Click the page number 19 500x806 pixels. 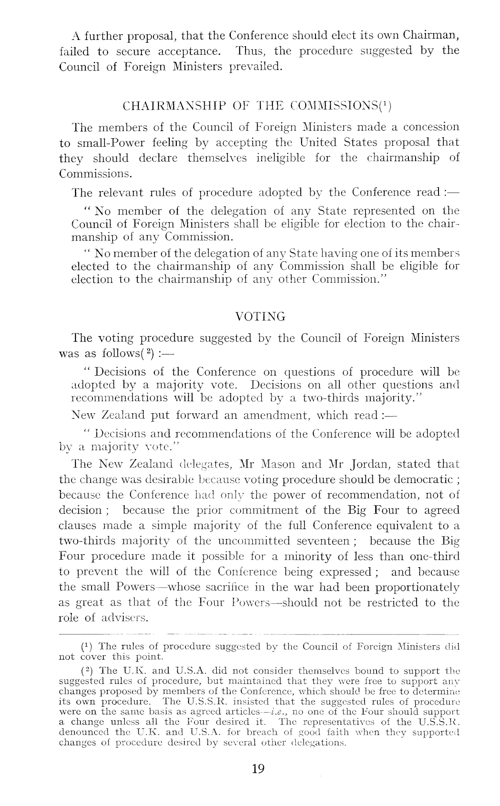coord(258,769)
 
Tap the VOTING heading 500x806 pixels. coord(260,317)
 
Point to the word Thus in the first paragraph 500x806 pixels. coord(250,51)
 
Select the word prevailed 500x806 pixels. coord(256,67)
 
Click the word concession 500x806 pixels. coord(431,127)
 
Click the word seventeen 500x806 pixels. coord(326,541)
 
